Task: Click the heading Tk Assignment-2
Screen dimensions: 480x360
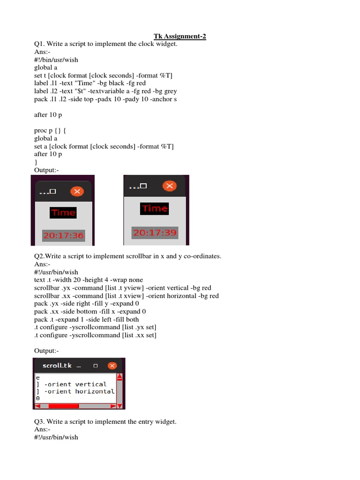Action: click(x=180, y=36)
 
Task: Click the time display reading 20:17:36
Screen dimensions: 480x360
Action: click(x=63, y=236)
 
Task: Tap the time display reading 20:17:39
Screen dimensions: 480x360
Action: click(x=154, y=232)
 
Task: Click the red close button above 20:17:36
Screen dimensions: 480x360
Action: click(x=77, y=191)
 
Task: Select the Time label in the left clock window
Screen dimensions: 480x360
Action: click(x=63, y=213)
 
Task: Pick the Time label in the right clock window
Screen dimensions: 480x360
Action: click(x=155, y=209)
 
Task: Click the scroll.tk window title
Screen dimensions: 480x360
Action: click(x=57, y=365)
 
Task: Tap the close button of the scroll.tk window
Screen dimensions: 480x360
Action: click(x=112, y=366)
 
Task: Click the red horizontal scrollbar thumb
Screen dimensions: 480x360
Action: click(x=63, y=405)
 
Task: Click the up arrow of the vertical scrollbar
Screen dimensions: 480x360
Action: click(x=120, y=376)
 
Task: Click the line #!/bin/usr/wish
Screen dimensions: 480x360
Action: click(x=56, y=60)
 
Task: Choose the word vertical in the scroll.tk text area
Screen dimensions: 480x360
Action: click(x=91, y=384)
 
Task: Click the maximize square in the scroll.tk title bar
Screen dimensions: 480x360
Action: click(x=95, y=366)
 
